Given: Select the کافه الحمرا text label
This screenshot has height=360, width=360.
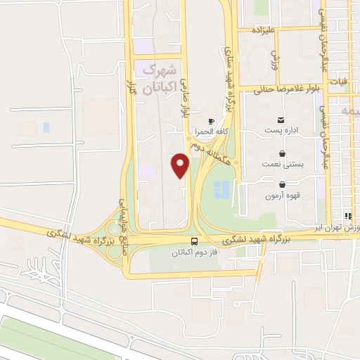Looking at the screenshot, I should pyautogui.click(x=211, y=131).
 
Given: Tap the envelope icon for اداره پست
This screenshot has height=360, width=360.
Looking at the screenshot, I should pyautogui.click(x=281, y=120).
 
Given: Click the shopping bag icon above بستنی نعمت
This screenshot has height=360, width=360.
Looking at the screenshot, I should pyautogui.click(x=282, y=153).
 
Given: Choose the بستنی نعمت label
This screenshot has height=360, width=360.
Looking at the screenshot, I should pyautogui.click(x=286, y=164).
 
